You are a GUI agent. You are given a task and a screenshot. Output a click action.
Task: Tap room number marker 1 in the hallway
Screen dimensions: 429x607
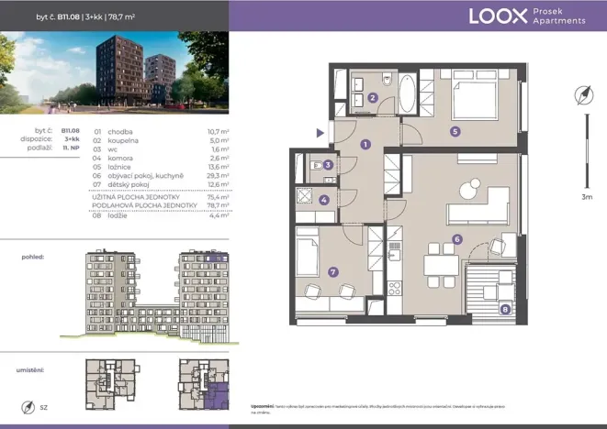pyautogui.click(x=365, y=144)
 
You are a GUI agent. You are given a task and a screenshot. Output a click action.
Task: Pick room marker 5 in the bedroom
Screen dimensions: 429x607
pyautogui.click(x=455, y=130)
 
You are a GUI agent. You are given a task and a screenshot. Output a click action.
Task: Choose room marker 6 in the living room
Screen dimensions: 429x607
pyautogui.click(x=456, y=240)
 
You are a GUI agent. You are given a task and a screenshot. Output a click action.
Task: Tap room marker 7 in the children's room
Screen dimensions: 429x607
pyautogui.click(x=332, y=271)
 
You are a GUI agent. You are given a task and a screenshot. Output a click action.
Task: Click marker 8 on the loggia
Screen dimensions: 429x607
pyautogui.click(x=505, y=310)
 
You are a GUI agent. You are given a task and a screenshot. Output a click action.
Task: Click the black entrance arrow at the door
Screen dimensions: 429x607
pyautogui.click(x=320, y=133)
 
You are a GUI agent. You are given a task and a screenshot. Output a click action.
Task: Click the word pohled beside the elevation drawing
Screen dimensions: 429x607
pyautogui.click(x=33, y=258)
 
